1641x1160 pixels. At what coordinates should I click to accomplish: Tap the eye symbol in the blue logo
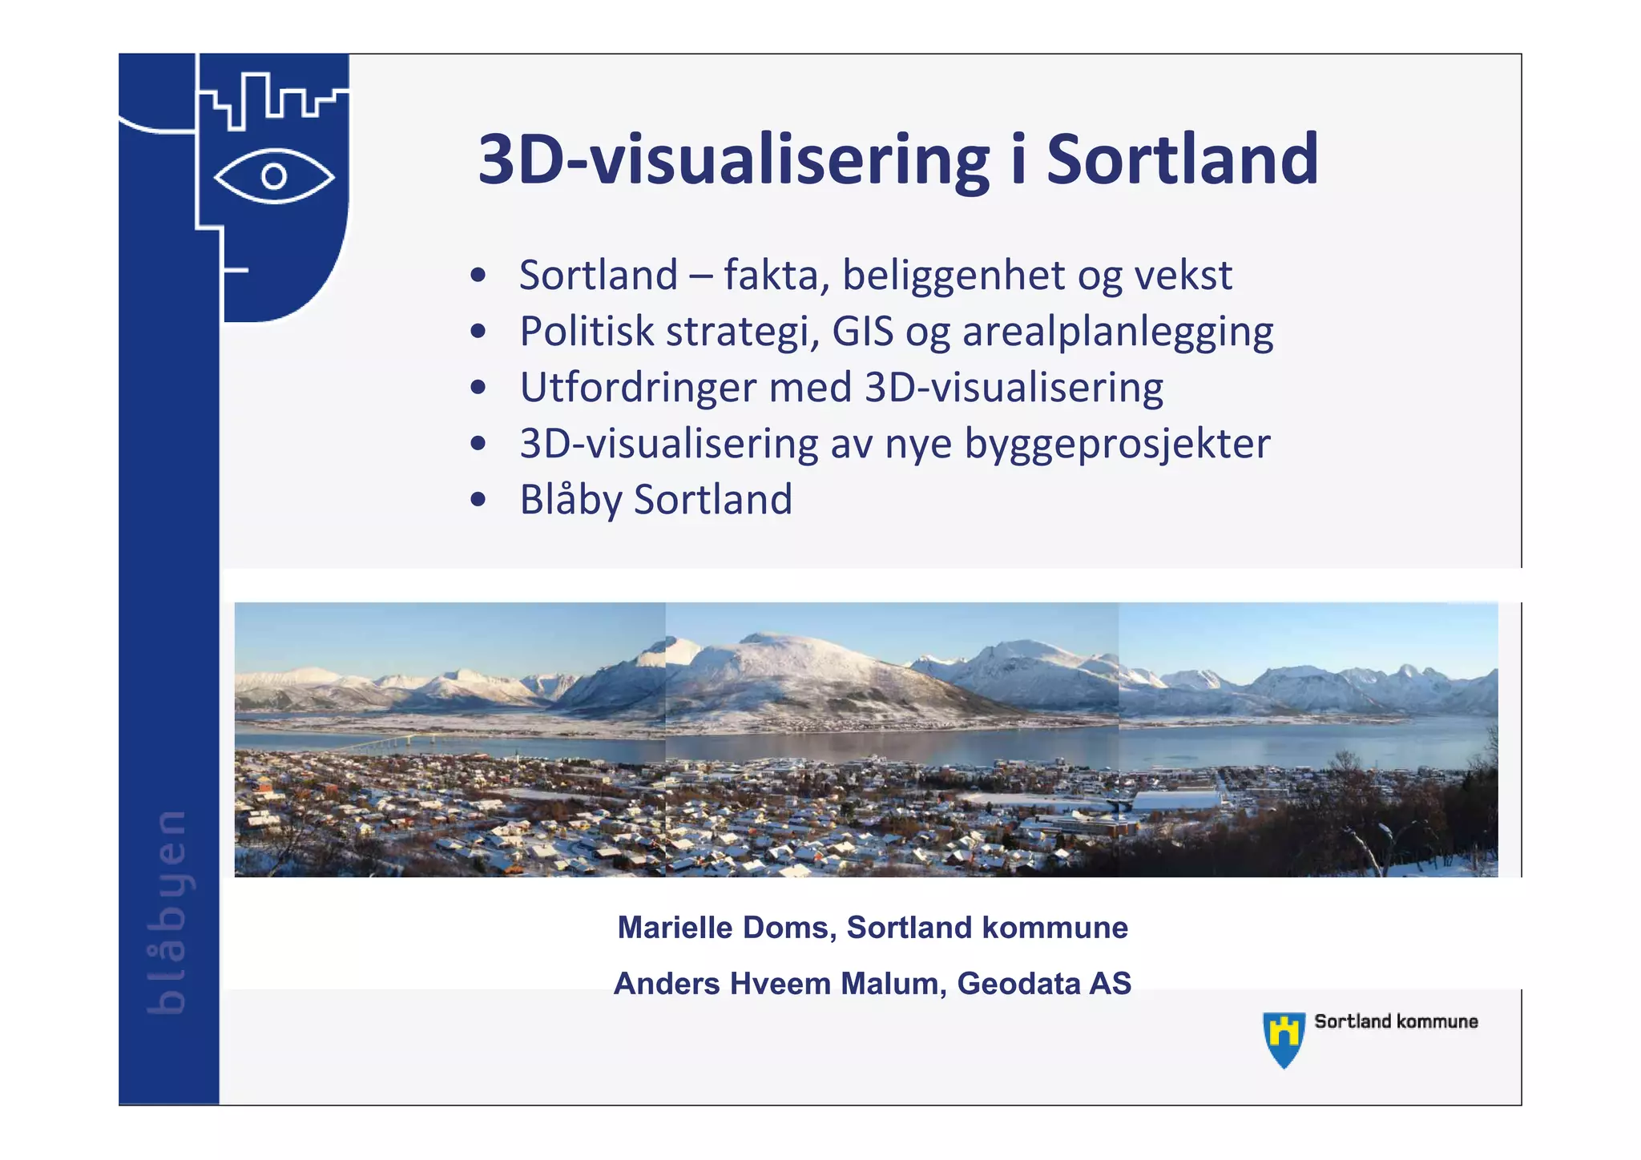point(274,176)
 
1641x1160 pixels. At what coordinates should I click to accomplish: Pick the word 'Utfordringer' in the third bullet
point(638,388)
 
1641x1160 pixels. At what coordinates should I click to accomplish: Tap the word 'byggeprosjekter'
point(1117,444)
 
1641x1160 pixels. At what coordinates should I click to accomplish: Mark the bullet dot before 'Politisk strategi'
point(478,332)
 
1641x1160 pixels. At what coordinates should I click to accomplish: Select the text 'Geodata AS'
point(1044,984)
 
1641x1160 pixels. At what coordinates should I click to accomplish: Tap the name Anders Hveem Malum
point(775,984)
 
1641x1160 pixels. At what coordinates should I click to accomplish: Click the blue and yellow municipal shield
point(1284,1038)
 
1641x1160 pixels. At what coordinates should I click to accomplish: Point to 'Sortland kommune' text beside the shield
point(1396,1021)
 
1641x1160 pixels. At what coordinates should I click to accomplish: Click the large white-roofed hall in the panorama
point(1175,799)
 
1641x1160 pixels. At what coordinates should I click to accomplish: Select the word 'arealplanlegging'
point(1118,332)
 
